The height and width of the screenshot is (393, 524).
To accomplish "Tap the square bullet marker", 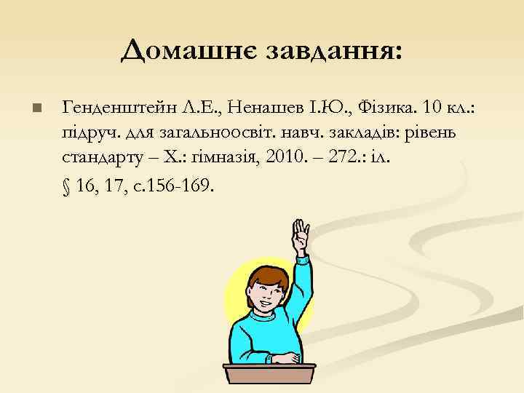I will (x=38, y=109).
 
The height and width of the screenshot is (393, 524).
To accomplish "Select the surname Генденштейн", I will (x=119, y=108).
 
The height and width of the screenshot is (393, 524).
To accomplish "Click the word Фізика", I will (x=364, y=108).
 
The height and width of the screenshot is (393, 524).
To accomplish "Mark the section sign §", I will (x=67, y=186).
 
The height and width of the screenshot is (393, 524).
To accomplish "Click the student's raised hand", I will (x=299, y=237).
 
